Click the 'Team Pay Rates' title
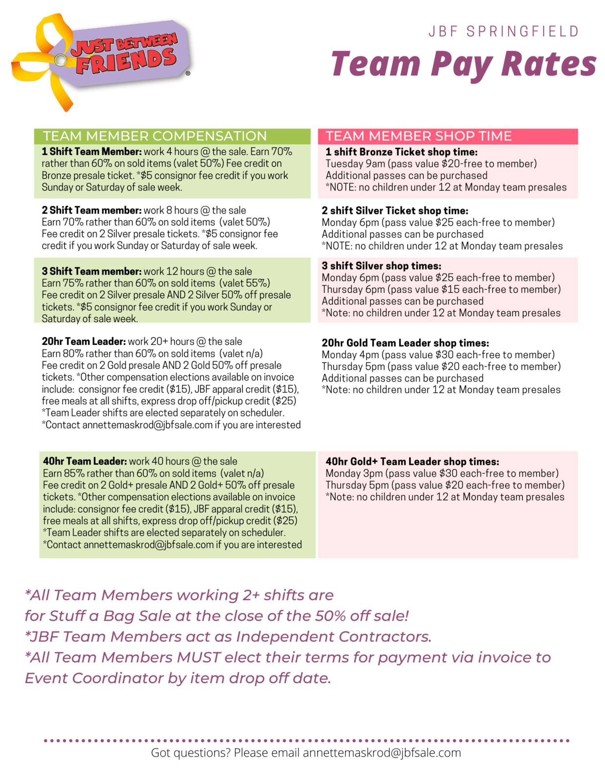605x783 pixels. point(463,64)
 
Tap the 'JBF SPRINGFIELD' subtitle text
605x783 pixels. point(504,32)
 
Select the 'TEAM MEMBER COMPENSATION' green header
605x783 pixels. point(155,136)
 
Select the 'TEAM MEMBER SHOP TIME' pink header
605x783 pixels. point(419,136)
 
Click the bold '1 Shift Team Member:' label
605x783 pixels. point(92,152)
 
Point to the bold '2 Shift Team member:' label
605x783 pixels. point(92,210)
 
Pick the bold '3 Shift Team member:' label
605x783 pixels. point(92,271)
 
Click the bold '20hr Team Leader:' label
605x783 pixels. point(84,342)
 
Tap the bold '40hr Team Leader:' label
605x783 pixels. point(85,461)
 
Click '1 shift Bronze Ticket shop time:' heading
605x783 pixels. point(401,152)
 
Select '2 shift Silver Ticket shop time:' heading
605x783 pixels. point(395,211)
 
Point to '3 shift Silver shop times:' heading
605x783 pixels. point(381,266)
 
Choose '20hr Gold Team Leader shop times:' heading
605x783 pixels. point(405,343)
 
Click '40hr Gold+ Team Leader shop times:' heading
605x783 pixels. point(412,461)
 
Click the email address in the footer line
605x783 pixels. point(382,753)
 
